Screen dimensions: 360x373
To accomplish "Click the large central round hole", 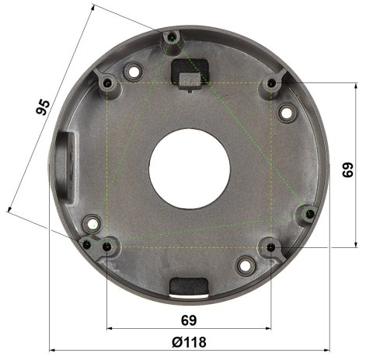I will (x=187, y=165).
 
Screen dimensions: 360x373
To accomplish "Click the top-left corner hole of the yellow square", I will (x=106, y=82).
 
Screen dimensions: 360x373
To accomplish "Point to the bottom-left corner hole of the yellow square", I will (x=106, y=247).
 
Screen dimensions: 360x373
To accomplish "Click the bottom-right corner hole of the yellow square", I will (x=270, y=248).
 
